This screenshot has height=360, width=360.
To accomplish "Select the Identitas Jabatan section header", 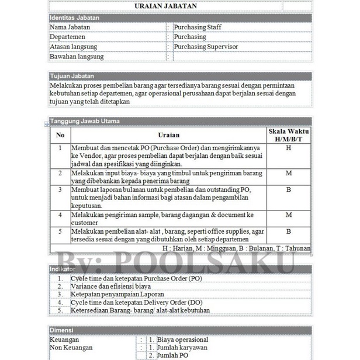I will tap(74, 18).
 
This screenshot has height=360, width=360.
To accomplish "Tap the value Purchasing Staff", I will tap(198, 27).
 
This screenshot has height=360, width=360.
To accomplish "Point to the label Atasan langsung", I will tap(74, 47).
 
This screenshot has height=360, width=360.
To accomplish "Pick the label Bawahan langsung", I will tap(77, 57).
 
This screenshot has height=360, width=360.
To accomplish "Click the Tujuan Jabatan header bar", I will tap(72, 76).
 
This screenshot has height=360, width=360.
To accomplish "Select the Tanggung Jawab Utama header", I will tap(85, 121).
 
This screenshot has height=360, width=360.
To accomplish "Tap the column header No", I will tap(60, 135).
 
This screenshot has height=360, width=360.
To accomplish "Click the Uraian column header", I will tap(169, 135).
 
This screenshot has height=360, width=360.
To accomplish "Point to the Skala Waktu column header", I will tap(288, 135).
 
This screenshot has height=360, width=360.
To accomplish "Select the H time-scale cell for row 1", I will tap(288, 148).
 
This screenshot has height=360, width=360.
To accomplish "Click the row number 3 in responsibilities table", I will tap(60, 190).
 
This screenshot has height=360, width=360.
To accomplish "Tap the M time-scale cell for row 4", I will tap(288, 215).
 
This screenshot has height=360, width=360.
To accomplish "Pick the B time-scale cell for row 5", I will tap(288, 231).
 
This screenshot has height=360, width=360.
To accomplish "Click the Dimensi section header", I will tap(61, 330).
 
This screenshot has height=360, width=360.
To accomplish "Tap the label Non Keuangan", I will tap(71, 348).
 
